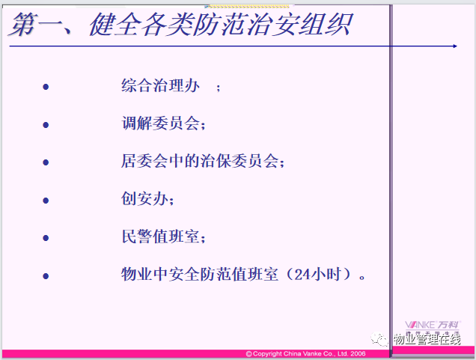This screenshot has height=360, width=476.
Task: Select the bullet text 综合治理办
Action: (161, 85)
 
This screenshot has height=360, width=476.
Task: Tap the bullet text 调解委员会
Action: (161, 123)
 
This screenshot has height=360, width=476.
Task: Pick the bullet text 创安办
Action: (144, 199)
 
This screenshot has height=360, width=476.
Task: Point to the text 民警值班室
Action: (161, 237)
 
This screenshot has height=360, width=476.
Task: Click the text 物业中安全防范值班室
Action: (200, 275)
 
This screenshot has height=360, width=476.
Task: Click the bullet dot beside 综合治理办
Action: (46, 87)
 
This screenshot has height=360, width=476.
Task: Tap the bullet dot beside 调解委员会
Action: (46, 125)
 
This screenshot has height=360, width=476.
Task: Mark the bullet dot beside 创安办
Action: (46, 201)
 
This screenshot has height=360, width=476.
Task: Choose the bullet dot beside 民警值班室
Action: (46, 238)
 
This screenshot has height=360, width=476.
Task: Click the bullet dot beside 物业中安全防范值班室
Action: (46, 276)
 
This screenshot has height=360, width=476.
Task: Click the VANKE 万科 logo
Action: (433, 326)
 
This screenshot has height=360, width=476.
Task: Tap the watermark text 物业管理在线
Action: (427, 339)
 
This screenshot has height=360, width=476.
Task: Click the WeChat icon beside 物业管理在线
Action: (379, 339)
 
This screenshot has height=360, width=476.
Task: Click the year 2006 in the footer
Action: (358, 354)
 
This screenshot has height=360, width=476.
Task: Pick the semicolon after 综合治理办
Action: (219, 88)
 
